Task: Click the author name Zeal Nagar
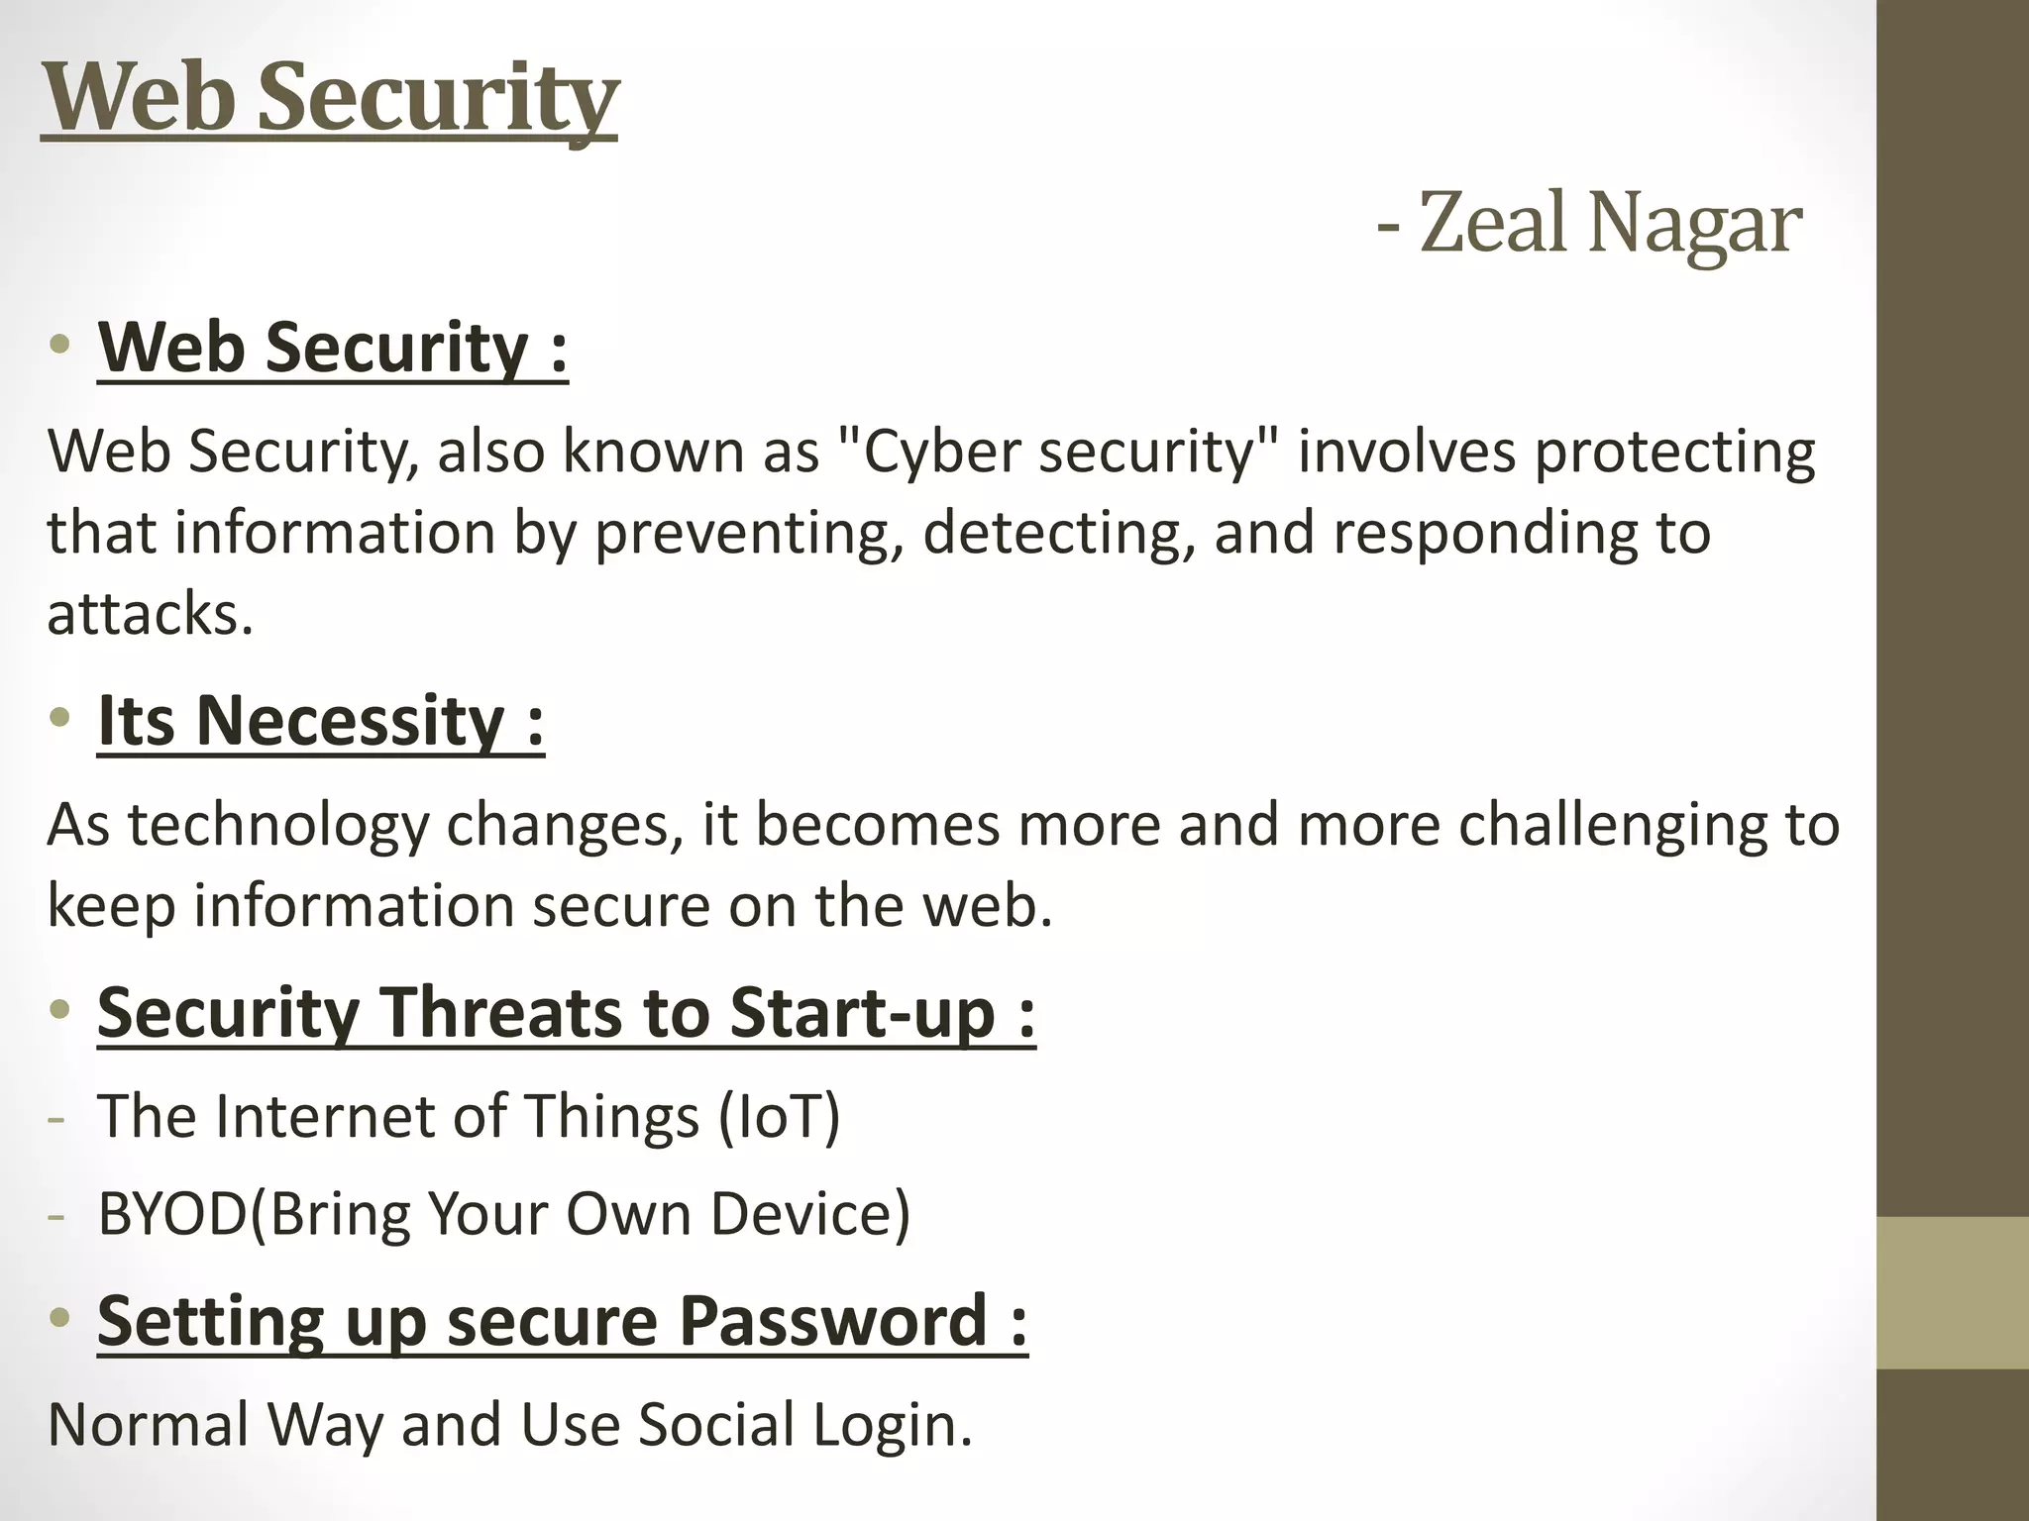1609,224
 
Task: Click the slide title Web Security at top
330,98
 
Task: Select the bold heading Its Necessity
320,721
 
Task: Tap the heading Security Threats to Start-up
566,1012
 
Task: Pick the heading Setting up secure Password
562,1321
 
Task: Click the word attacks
150,614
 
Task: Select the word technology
278,825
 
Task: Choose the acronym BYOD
172,1213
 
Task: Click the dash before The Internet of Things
56,1119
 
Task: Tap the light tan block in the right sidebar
1952,1292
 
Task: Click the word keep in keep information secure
110,906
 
